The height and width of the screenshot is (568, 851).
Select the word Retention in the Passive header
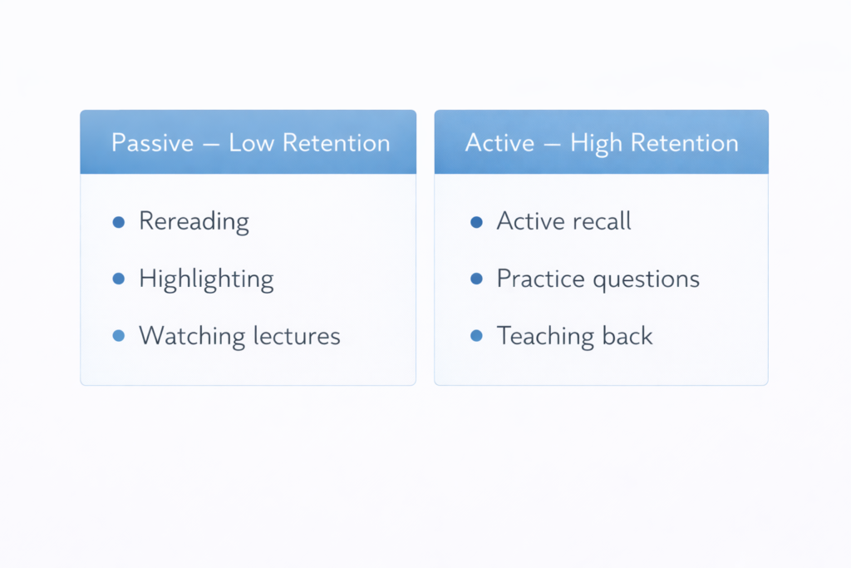coord(336,143)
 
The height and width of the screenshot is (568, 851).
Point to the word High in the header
coord(596,143)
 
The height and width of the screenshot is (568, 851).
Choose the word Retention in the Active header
coord(684,143)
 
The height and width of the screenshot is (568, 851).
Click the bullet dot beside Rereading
coord(118,222)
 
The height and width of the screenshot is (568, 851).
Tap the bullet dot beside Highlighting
coord(118,279)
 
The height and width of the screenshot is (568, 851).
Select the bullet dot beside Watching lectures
coord(118,336)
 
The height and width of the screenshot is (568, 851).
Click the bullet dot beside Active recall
coord(476,222)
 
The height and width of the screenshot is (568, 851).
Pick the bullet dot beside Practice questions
coord(476,279)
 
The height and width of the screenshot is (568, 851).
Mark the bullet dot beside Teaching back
coord(476,336)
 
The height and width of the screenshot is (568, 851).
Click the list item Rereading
coord(194,222)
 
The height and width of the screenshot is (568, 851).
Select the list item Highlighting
coord(206,279)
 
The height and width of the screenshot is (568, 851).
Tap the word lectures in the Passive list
coord(297,336)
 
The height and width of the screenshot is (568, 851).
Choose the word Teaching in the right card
coord(544,336)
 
